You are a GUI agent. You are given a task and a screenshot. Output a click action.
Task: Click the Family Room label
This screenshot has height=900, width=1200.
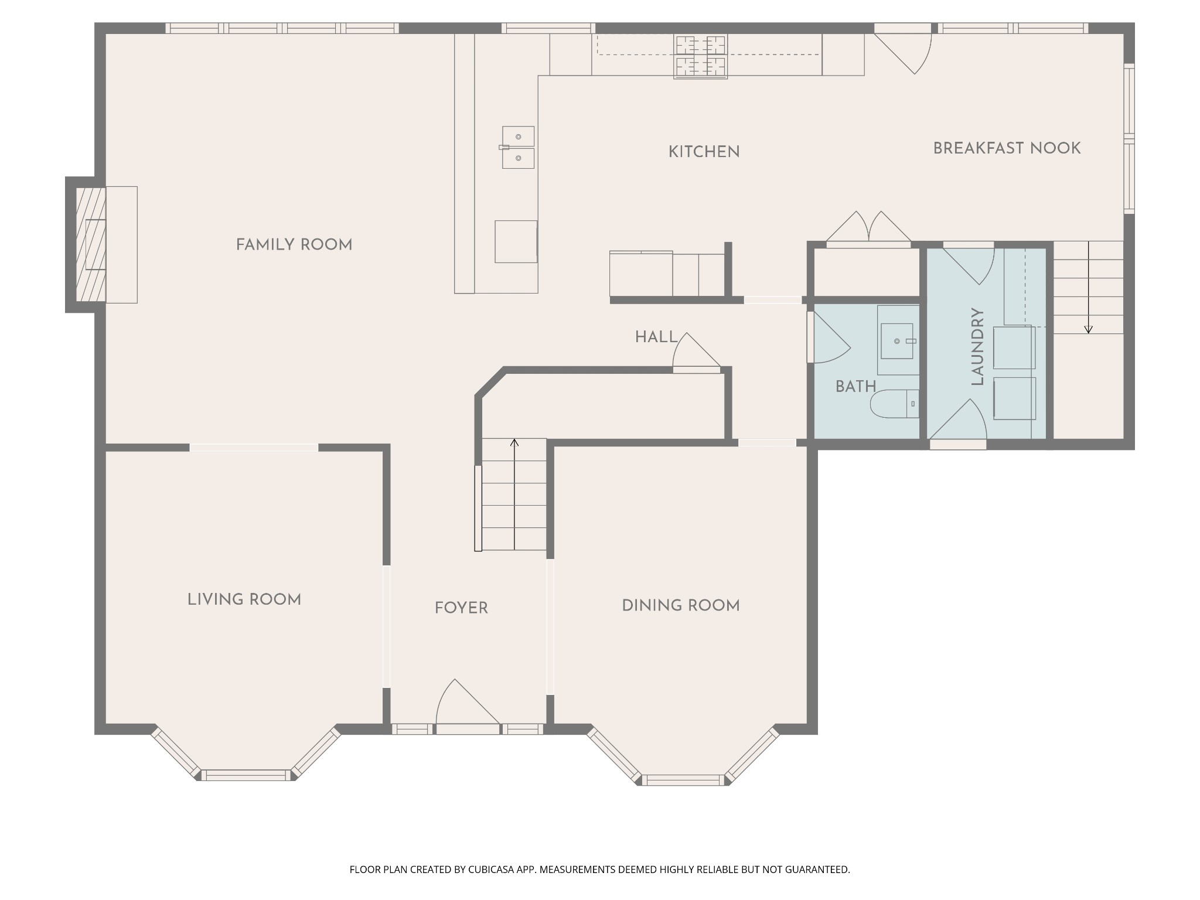click(294, 245)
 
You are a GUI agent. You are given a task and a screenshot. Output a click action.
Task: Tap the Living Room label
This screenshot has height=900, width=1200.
click(244, 600)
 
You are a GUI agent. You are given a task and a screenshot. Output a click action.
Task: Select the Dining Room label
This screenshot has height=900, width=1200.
click(681, 606)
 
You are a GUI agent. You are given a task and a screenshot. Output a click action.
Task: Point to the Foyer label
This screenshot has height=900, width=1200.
click(461, 608)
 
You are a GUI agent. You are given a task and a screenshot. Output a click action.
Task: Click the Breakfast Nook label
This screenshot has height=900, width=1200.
click(1007, 149)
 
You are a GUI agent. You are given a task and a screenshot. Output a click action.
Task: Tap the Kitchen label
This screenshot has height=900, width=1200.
click(704, 152)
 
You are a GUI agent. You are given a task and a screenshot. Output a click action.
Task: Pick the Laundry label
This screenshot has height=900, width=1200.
click(977, 347)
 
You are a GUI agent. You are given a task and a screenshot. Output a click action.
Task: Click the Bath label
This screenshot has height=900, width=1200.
click(855, 387)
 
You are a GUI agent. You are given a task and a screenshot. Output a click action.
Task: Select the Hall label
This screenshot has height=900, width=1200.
click(656, 337)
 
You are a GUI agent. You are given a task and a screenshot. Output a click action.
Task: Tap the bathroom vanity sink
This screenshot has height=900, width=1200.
click(897, 341)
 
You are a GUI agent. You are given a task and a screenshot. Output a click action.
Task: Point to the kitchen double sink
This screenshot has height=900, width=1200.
click(518, 148)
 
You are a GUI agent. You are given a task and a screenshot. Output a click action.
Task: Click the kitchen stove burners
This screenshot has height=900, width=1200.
click(701, 56)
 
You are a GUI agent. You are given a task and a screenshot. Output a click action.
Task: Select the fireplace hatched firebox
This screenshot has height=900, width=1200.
click(91, 244)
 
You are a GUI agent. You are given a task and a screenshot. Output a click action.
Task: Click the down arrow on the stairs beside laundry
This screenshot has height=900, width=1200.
click(1088, 287)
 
